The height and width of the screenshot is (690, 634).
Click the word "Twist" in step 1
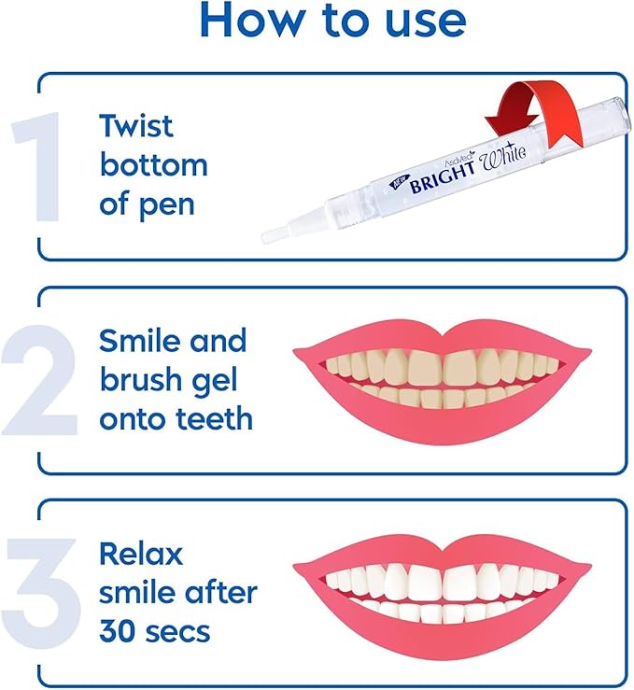click(137, 125)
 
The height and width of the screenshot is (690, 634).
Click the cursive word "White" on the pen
click(504, 164)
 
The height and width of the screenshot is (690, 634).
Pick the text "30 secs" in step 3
click(155, 631)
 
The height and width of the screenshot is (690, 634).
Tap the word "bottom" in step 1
click(154, 165)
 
